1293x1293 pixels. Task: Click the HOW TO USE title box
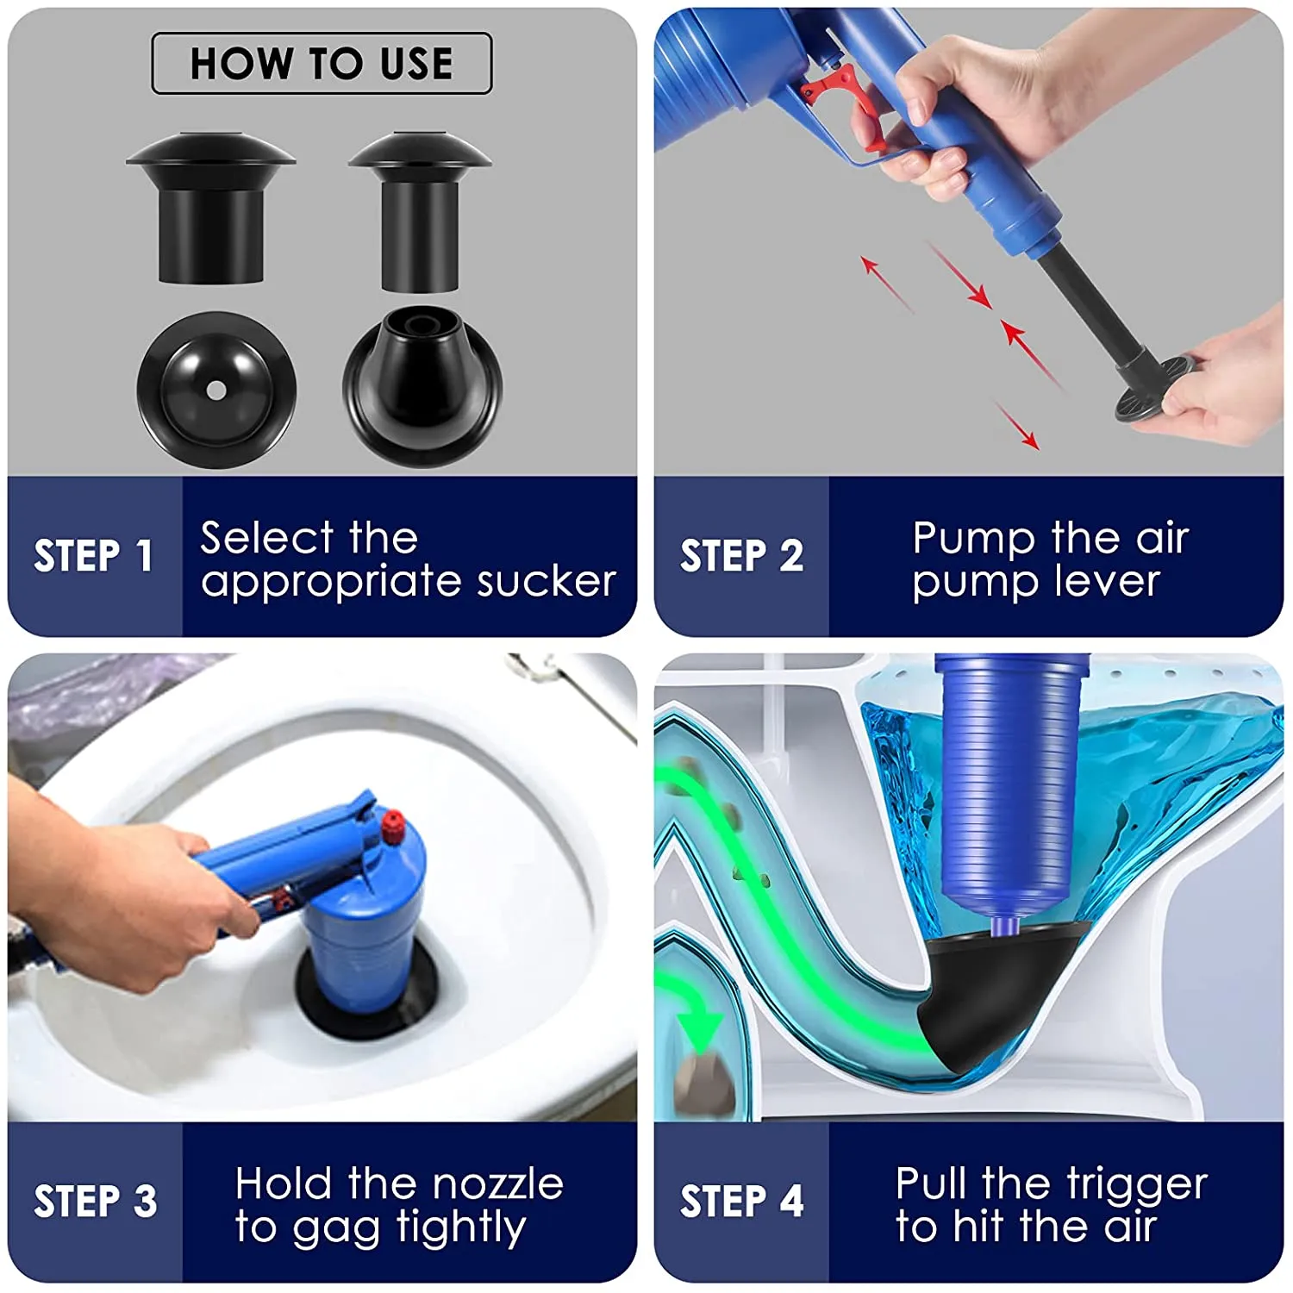322,63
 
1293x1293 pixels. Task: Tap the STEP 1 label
93,556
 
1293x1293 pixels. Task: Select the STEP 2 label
741,556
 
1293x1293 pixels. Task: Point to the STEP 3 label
95,1202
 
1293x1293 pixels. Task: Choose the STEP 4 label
741,1202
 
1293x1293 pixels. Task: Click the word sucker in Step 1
547,581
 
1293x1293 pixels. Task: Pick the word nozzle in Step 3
497,1184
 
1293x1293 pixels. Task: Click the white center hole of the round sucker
216,390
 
